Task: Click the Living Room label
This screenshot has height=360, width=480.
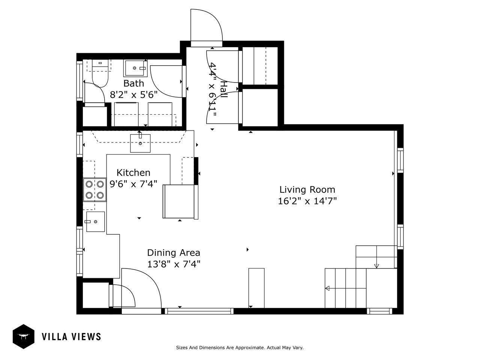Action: point(307,189)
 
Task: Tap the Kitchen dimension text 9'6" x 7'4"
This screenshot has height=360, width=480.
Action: point(133,184)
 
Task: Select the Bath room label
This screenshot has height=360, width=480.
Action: point(133,83)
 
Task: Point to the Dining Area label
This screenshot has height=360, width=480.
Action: point(174,253)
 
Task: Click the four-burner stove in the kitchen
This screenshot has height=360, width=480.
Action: point(95,189)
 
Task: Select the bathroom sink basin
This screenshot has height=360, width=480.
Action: point(135,68)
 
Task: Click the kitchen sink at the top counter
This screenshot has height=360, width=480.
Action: point(140,143)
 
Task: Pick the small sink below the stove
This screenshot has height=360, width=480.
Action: point(95,221)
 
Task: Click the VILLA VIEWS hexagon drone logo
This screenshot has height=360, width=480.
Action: point(23,336)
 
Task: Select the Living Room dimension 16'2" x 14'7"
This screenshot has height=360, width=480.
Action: point(307,201)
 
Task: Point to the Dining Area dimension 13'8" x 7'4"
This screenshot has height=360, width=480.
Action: point(174,264)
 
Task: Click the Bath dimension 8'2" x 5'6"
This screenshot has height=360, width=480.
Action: point(133,95)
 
